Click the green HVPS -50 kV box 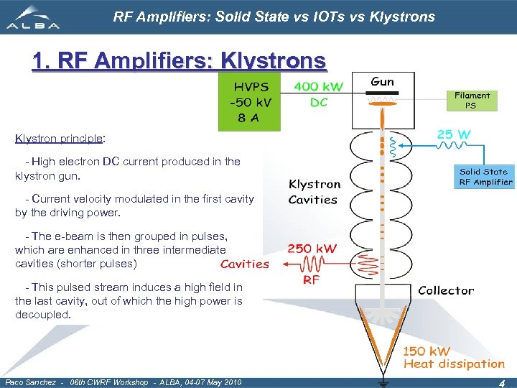click(249, 103)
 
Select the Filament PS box click(472, 100)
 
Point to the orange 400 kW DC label click(318, 94)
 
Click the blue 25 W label click(454, 134)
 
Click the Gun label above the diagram click(382, 82)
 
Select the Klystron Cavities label click(314, 193)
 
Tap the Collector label click(446, 290)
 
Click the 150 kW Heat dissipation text click(452, 358)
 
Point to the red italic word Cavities click(244, 264)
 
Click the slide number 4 click(502, 384)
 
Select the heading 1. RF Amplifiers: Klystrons click(179, 61)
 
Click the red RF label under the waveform click(311, 280)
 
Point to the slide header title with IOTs click(274, 17)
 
